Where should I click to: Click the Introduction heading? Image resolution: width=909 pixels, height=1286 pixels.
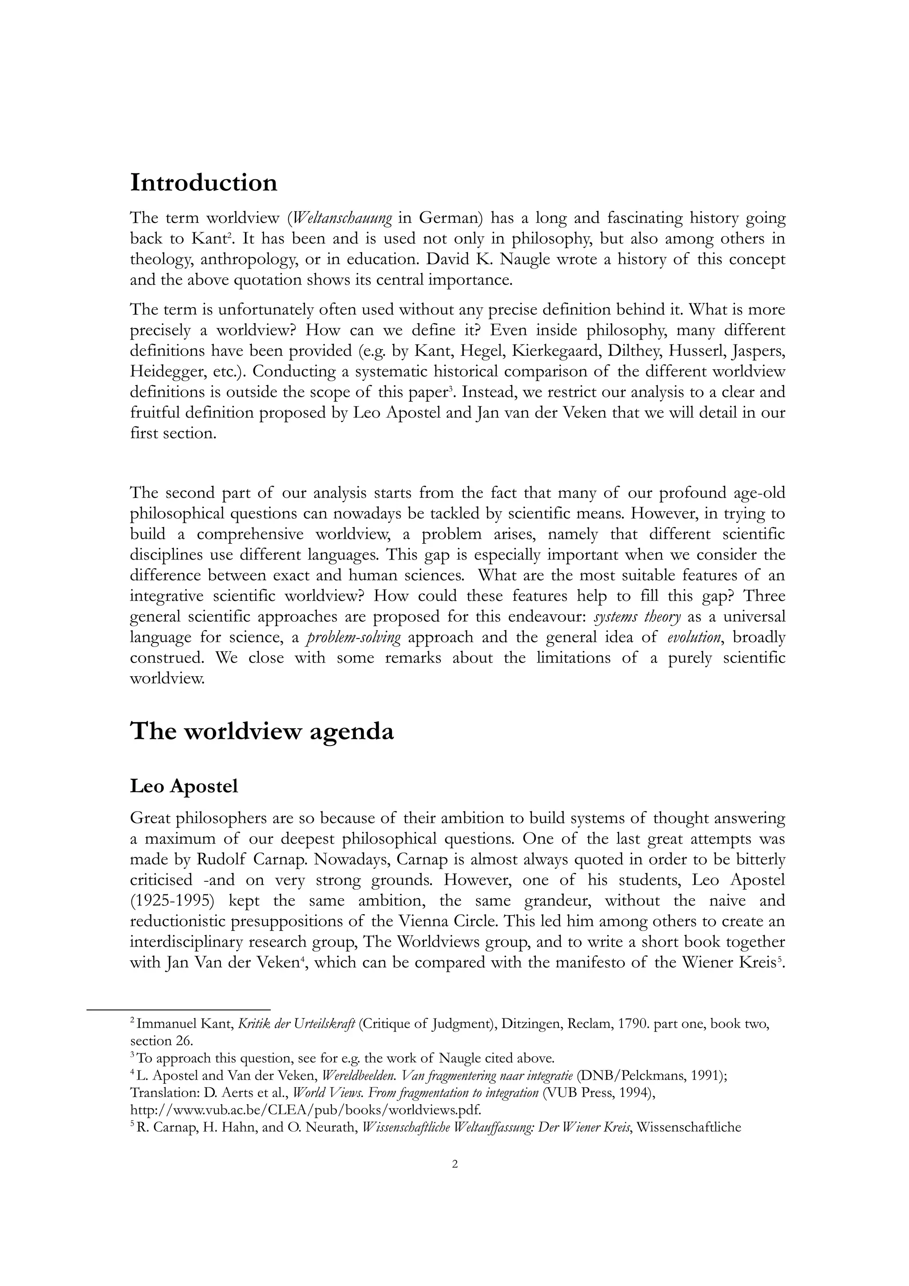[203, 183]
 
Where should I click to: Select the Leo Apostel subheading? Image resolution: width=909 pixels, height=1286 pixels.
[184, 786]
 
